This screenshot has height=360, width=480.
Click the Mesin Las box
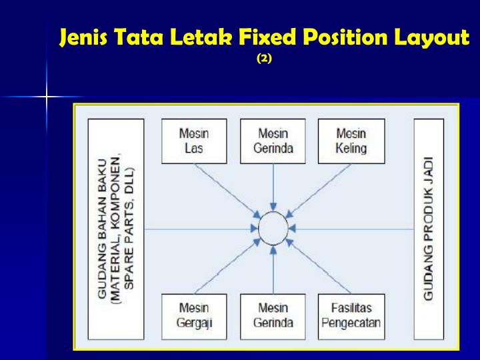pos(194,141)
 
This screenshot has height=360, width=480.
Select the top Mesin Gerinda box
pos(273,141)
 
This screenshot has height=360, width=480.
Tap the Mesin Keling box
pos(351,141)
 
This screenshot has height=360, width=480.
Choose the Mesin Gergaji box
pos(194,316)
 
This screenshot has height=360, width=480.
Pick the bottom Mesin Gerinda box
pos(273,316)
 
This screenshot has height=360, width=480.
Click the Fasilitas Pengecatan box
pos(351,316)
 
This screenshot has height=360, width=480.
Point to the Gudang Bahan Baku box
pos(116,229)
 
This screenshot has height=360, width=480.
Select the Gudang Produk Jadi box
pos(428,229)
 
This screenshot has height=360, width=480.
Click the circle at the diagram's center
pos(273,229)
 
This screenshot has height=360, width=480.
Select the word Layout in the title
pos(430,37)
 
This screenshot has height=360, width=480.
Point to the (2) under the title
pos(264,59)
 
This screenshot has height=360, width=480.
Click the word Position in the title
pos(342,37)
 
